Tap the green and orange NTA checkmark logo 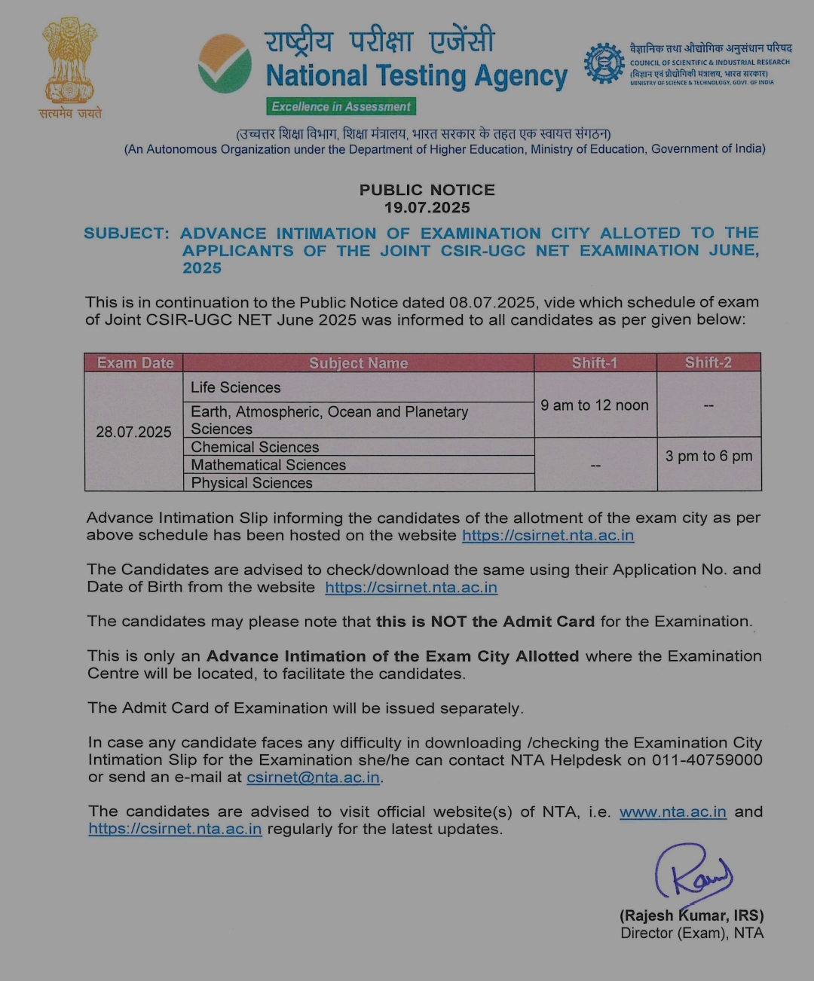click(x=225, y=64)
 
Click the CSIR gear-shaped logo click(x=604, y=63)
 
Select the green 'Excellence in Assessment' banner click(x=341, y=107)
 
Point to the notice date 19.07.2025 click(x=427, y=208)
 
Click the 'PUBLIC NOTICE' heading click(x=427, y=190)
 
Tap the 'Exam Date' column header click(x=135, y=362)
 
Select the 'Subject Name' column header click(x=358, y=363)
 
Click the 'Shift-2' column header click(x=708, y=362)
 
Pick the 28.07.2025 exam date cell click(x=133, y=432)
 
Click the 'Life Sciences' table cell click(x=235, y=387)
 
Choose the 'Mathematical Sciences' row click(x=268, y=465)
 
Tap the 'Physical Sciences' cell click(x=252, y=483)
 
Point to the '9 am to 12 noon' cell click(x=594, y=405)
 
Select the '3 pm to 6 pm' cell click(x=708, y=456)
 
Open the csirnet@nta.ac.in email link click(x=313, y=777)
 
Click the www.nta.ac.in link click(x=672, y=811)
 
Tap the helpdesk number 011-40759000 click(x=707, y=759)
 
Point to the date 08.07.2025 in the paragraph click(x=491, y=302)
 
